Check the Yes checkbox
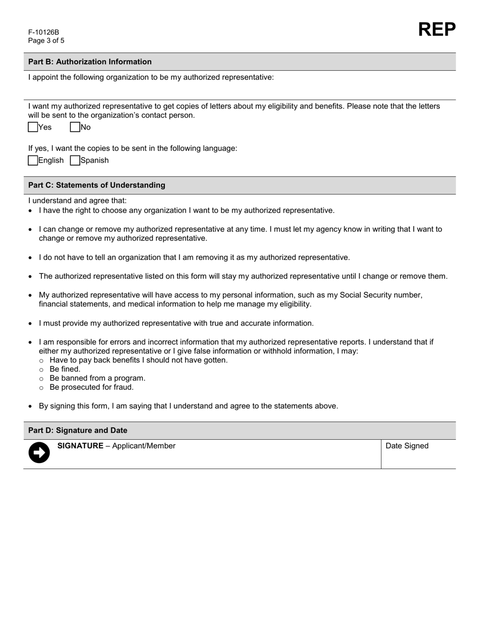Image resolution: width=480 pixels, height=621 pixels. pyautogui.click(x=33, y=127)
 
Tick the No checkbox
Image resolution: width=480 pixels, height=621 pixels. pyautogui.click(x=75, y=127)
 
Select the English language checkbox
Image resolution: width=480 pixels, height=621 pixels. pyautogui.click(x=33, y=161)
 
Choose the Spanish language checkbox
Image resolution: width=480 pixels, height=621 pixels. pyautogui.click(x=75, y=161)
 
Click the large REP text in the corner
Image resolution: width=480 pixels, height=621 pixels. pyautogui.click(x=437, y=30)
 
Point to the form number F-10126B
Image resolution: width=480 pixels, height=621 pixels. pyautogui.click(x=43, y=32)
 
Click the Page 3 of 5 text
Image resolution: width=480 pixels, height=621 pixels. pyautogui.click(x=46, y=41)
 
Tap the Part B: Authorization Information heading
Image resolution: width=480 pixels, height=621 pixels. pyautogui.click(x=90, y=62)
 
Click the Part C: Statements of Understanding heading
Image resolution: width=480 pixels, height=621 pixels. pyautogui.click(x=97, y=185)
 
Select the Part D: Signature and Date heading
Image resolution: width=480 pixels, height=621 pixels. pyautogui.click(x=78, y=431)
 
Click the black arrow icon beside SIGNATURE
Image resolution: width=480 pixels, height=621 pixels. pyautogui.click(x=39, y=452)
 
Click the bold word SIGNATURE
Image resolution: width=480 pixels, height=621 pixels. pyautogui.click(x=80, y=446)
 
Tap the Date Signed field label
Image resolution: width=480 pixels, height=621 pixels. pyautogui.click(x=407, y=446)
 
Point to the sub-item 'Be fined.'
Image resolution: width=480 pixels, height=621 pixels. pyautogui.click(x=65, y=369)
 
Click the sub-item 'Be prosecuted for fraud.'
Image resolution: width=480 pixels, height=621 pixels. pyautogui.click(x=91, y=387)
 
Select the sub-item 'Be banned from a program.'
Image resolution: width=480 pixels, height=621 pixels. pyautogui.click(x=97, y=378)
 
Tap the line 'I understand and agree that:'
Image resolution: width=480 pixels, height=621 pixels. pyautogui.click(x=77, y=200)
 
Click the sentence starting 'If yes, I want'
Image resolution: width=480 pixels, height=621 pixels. pyautogui.click(x=132, y=148)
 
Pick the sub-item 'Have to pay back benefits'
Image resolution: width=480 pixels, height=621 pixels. pyautogui.click(x=138, y=360)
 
